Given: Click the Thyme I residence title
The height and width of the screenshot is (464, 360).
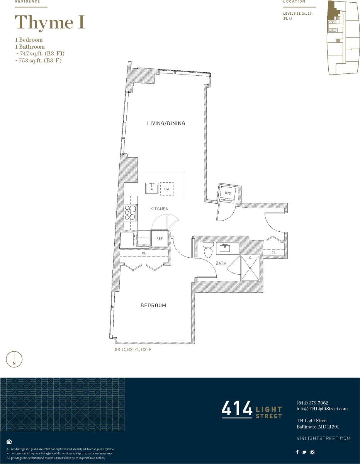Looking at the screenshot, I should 49,22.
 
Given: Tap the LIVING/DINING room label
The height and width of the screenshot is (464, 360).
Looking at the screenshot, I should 166,123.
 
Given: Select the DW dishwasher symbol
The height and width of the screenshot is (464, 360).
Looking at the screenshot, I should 167,189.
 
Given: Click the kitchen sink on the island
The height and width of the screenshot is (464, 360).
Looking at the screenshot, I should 152,189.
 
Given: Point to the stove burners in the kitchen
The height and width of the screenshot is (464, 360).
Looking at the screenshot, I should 130,212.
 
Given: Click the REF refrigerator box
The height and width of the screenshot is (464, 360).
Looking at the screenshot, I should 159,239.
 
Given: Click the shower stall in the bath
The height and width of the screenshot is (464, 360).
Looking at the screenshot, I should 250,267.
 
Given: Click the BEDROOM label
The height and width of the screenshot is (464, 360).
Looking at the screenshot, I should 153,305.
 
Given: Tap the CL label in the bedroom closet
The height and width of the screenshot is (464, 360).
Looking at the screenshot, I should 144,253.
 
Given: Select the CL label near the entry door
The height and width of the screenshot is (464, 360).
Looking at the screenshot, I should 273,252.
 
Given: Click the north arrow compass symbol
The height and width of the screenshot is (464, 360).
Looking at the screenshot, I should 14,359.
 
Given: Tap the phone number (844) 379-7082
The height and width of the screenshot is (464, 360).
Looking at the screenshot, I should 312,403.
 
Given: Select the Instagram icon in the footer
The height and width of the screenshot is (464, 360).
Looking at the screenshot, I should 312,452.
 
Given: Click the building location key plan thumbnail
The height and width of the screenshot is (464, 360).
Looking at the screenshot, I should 342,37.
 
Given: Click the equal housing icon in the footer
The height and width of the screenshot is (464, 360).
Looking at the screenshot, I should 9,442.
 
